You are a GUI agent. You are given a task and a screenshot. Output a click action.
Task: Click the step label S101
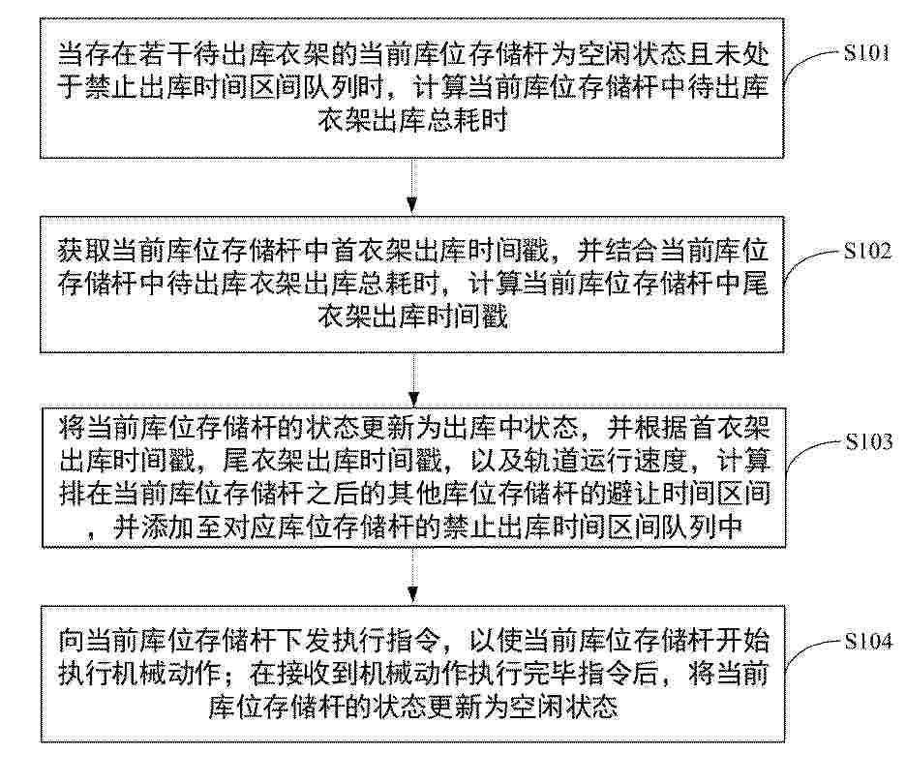866,53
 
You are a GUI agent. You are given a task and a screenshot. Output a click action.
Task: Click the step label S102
867,251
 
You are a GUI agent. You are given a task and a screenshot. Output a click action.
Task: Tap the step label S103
869,442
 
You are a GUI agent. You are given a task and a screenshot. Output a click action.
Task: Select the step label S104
868,642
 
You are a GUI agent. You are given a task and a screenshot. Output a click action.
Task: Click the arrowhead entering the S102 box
412,205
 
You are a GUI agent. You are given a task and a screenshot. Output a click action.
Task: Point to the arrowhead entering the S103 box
413,399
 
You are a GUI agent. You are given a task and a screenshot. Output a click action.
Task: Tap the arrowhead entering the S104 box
412,594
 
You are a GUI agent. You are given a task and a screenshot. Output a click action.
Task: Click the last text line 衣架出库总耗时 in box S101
412,120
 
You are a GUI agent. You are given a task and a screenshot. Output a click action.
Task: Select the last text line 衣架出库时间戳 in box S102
412,317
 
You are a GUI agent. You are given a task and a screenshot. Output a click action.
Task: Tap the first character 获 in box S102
71,251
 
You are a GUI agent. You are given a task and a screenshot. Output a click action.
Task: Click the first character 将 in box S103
73,428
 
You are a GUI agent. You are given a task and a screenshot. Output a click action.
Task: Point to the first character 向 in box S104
71,642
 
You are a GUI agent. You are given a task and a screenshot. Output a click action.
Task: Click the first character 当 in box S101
71,55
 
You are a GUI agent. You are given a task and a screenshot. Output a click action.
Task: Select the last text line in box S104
412,707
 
